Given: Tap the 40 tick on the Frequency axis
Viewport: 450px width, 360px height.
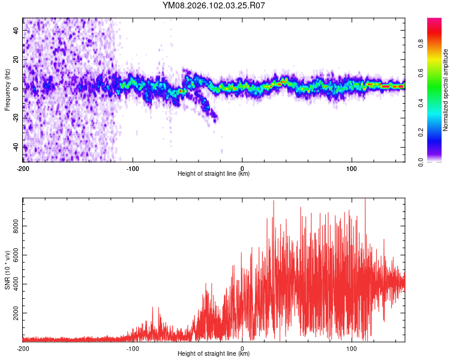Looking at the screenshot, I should [17, 30].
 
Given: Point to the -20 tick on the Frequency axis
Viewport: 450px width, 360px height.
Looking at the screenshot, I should [16, 118].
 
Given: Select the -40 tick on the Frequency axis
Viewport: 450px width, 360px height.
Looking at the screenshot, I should [16, 147].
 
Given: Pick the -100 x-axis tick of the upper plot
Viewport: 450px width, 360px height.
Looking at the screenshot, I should [133, 167].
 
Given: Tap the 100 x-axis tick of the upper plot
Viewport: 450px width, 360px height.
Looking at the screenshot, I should [352, 167].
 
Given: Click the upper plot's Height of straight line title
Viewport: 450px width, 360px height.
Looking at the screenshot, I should [214, 174].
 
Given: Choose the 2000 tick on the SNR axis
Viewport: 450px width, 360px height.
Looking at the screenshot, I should [12, 313].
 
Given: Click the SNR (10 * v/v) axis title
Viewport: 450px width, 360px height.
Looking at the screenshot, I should [7, 270].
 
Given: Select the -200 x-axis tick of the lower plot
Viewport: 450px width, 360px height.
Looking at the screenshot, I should [23, 348].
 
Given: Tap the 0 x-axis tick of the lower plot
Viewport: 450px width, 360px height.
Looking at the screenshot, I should [242, 348].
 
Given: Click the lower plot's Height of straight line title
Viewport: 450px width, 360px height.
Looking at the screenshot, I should [214, 354].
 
